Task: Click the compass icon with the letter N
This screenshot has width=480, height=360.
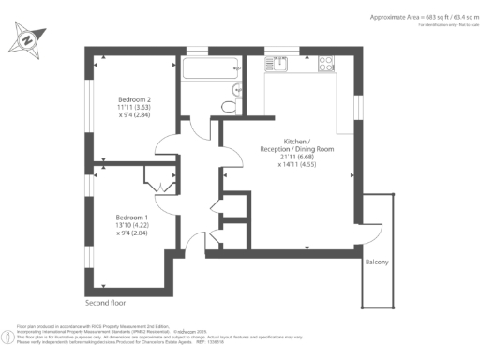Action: (26, 40)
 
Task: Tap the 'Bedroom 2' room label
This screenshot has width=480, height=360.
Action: (135, 99)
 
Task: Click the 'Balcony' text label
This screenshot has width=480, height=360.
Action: (376, 262)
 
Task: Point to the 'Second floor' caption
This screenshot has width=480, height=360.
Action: (105, 303)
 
